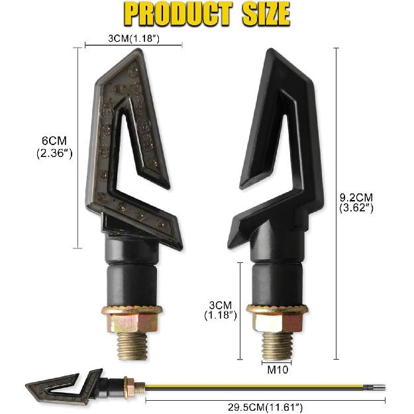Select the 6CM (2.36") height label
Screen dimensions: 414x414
[x=55, y=147]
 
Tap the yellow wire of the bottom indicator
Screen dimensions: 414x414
[x=265, y=384]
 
